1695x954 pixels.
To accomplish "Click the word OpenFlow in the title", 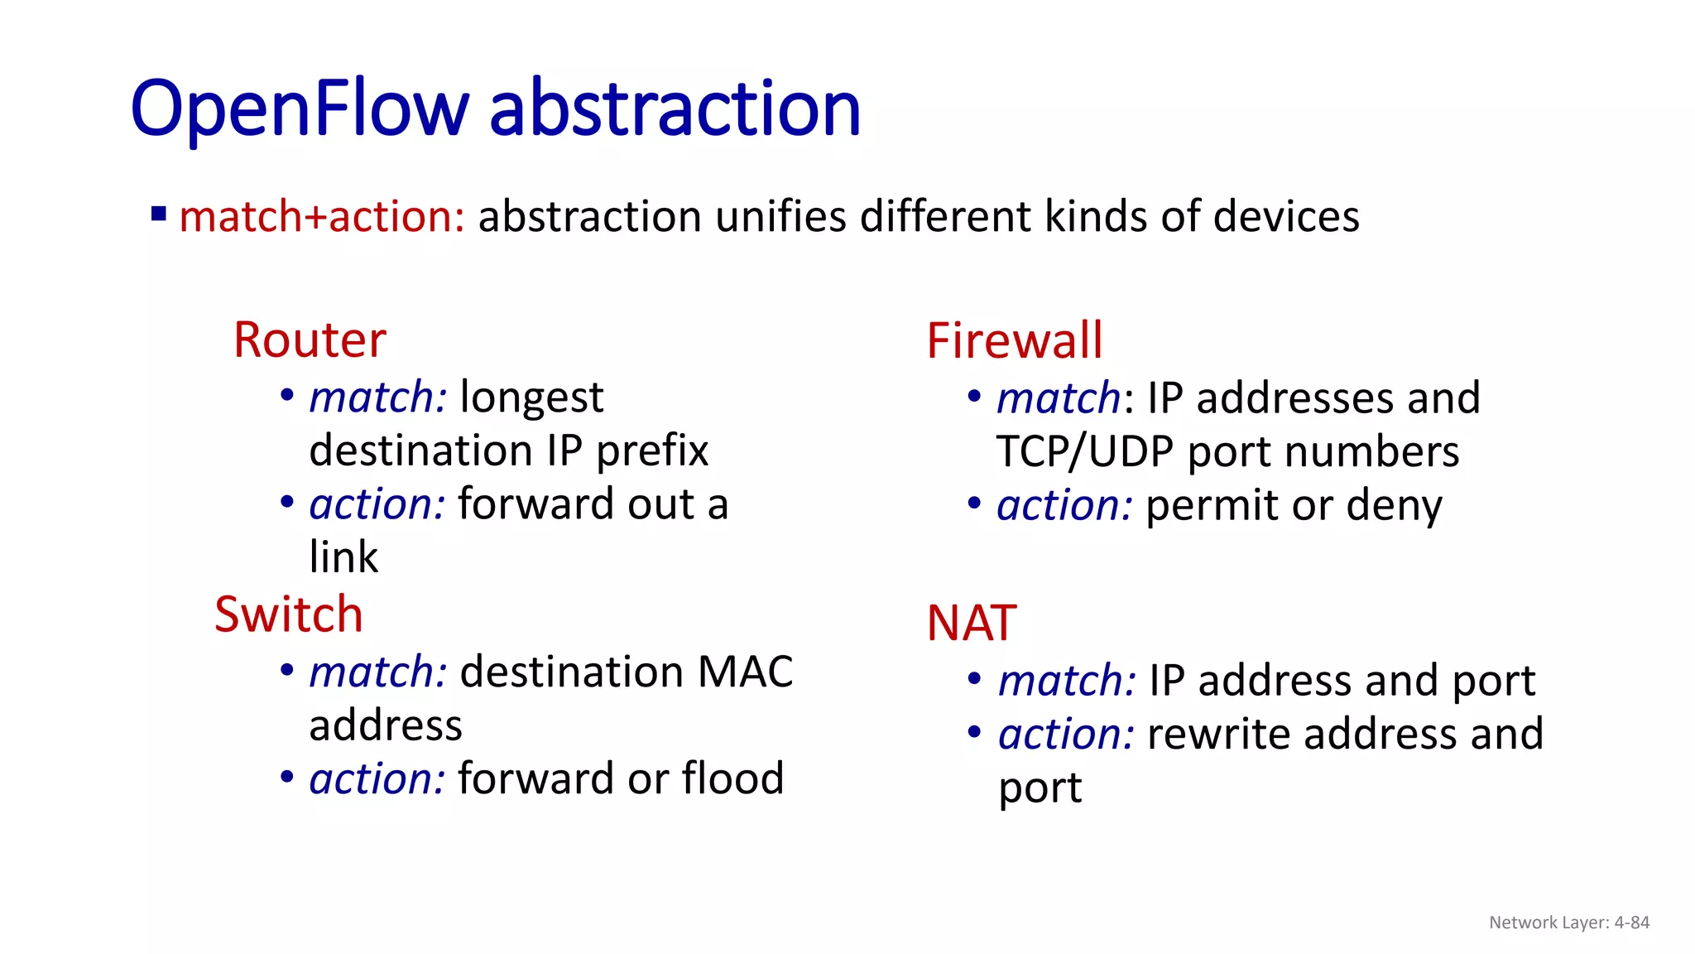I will [300, 108].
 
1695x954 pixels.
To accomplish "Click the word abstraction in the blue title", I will [675, 108].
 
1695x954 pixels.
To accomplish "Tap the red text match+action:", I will [322, 217].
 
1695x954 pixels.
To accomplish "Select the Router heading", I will [310, 340].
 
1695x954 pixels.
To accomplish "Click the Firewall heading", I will [1015, 340].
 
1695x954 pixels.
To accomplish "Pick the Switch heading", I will [288, 614].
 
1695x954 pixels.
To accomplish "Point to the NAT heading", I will [972, 623].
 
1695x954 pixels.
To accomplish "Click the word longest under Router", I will [531, 397].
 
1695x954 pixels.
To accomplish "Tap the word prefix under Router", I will [652, 451].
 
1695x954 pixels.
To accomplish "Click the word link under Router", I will [343, 556].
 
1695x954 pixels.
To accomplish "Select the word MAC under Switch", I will [745, 672].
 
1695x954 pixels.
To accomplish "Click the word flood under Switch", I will [732, 778].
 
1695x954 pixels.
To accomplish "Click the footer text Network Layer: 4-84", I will [1569, 923].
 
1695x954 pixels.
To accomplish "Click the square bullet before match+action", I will [159, 215].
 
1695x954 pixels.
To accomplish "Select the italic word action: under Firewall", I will [1064, 506].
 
